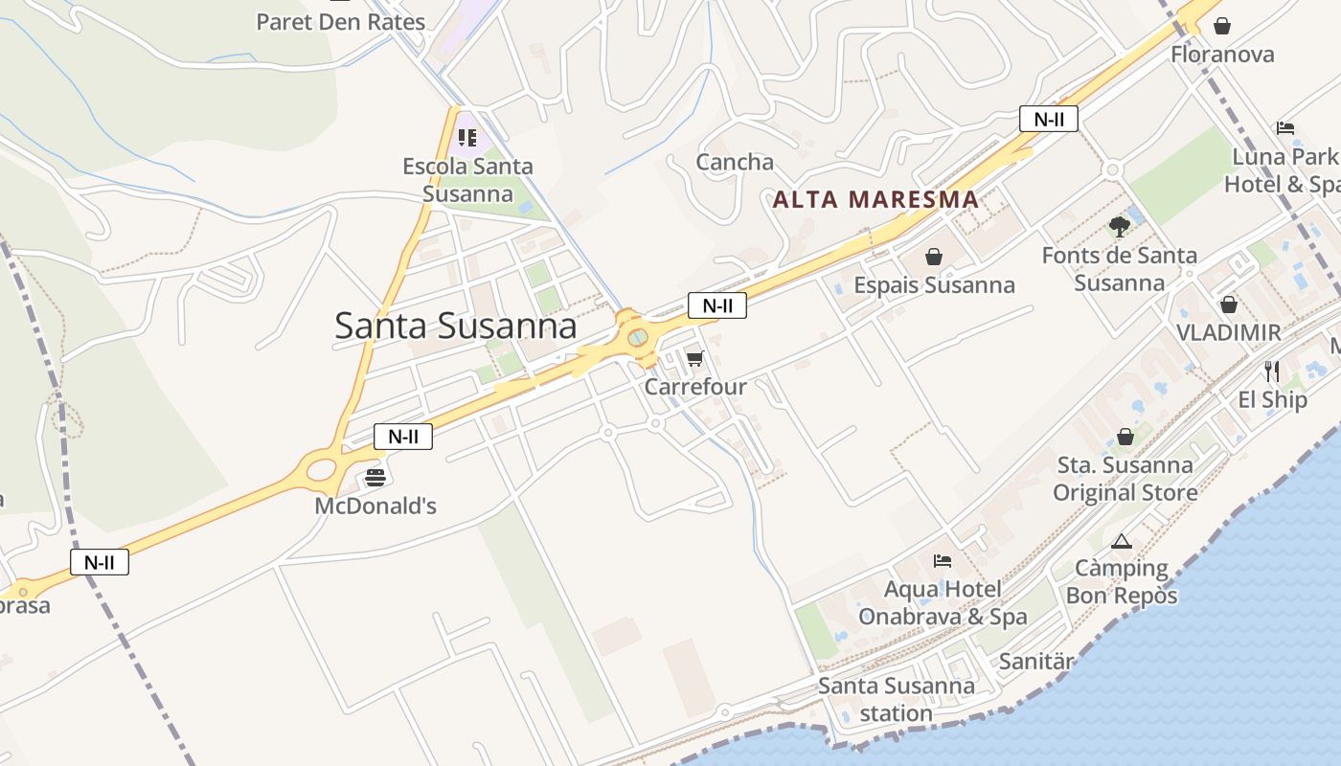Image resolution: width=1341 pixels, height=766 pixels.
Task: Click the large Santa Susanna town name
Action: pos(456,327)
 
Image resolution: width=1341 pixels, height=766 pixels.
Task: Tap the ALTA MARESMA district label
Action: pos(875,200)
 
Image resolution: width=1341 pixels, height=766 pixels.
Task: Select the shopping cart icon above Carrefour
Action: pos(694,359)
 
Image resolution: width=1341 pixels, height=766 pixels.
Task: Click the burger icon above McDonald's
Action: pos(375,477)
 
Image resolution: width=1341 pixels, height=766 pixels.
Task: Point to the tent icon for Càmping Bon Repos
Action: pos(1122,541)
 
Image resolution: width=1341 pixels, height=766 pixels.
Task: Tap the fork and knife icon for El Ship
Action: pos(1271,371)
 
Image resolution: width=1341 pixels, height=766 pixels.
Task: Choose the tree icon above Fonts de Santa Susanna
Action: pos(1119,227)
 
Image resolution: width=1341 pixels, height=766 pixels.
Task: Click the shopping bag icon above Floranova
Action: pos(1221,26)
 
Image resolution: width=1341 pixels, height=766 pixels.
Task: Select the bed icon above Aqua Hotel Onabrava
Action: pos(943,561)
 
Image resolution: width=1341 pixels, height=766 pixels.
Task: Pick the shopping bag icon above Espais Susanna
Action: pos(934,257)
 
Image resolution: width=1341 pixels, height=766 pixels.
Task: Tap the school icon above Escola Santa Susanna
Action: pos(466,138)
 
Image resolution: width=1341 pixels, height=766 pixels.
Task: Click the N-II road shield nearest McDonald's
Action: pos(403,437)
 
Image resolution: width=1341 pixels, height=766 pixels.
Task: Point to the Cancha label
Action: pos(735,162)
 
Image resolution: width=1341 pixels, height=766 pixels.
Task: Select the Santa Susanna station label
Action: pos(896,700)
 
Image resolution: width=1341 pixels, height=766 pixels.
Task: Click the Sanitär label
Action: pos(1036,661)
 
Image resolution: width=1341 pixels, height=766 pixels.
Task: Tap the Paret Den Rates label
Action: pos(340,21)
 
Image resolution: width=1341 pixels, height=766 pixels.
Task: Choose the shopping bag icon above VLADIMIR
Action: pos(1228,304)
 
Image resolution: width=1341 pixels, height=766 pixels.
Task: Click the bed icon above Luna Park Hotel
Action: pos(1285,128)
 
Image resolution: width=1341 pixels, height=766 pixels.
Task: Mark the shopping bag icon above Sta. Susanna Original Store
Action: pos(1125,437)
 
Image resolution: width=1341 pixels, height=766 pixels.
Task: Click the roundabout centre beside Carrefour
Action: pos(637,337)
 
